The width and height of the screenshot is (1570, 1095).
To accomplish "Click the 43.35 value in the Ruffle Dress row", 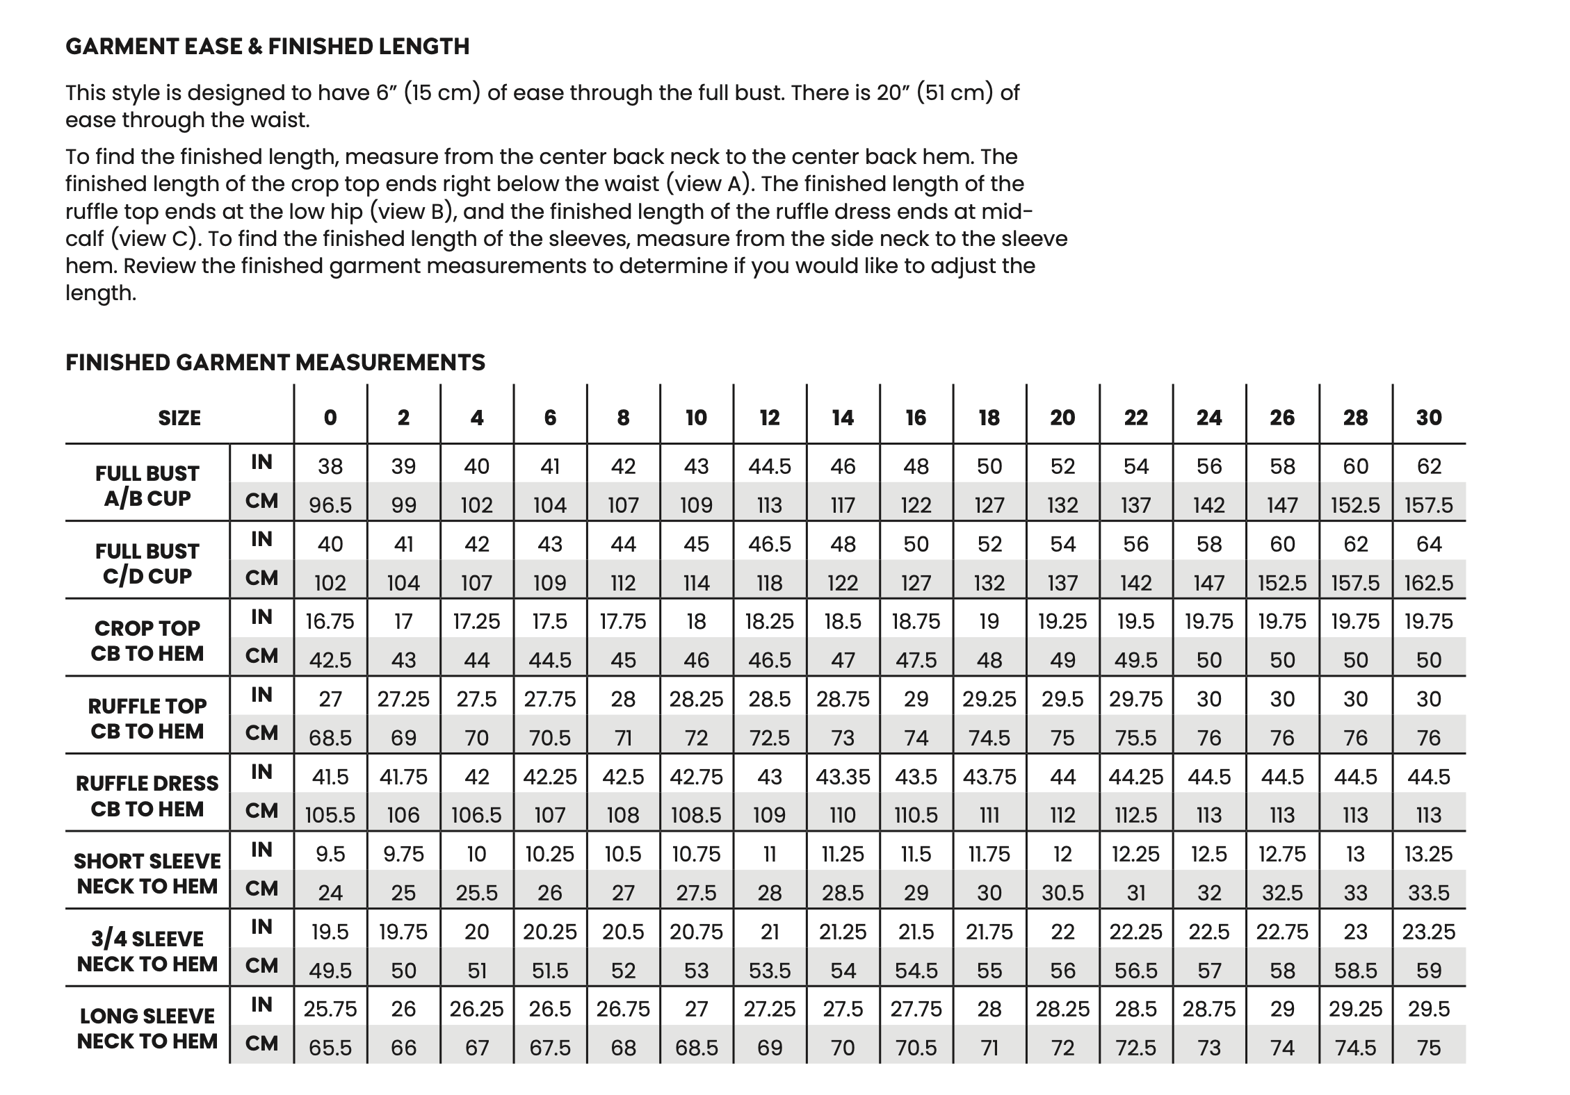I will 843,776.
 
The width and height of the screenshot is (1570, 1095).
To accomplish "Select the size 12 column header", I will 770,418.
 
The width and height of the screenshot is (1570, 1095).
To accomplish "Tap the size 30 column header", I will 1429,418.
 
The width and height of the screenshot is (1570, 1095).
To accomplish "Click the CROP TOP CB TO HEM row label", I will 147,641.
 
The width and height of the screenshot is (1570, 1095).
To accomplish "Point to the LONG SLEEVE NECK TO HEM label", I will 147,1028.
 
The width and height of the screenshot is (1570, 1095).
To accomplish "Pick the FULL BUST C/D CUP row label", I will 147,563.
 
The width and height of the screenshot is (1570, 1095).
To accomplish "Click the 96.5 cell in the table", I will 330,505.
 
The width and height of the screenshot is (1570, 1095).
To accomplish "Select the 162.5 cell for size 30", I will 1429,582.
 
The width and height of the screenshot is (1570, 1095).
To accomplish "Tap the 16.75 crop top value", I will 330,621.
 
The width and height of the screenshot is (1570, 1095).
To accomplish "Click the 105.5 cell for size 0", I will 330,815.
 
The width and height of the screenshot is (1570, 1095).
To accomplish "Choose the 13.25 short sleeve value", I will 1429,854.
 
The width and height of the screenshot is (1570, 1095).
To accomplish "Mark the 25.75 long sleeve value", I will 330,1009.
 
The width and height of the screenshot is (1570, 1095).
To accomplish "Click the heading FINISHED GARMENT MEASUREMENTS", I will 275,362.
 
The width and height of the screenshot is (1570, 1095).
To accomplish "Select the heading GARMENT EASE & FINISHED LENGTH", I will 268,47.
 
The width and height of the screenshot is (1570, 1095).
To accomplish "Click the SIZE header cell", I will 179,418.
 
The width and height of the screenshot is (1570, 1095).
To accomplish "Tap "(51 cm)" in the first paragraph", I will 954,92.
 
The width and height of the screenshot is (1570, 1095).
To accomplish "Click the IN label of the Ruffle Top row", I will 261,695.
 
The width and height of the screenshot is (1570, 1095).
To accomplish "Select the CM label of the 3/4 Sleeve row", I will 261,966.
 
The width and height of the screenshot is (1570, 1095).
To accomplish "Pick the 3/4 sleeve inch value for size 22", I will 1135,932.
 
